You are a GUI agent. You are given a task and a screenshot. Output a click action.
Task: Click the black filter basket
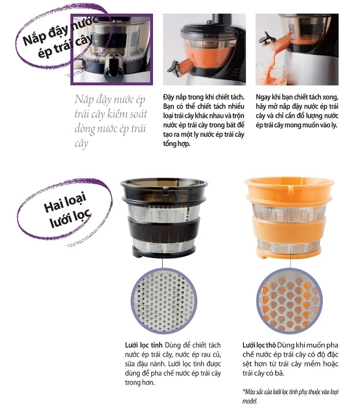pos(164,217)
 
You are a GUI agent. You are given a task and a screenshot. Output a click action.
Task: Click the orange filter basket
pos(289,218)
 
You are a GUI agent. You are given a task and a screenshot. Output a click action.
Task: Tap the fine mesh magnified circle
pos(164,301)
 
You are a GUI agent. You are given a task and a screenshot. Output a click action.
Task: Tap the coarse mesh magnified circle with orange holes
pos(289,301)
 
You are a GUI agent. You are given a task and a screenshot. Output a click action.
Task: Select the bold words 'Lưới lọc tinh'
pos(143,345)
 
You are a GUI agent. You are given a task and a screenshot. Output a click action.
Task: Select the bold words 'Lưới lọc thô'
pos(259,345)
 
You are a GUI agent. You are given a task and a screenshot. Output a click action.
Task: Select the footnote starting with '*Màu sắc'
pos(290,396)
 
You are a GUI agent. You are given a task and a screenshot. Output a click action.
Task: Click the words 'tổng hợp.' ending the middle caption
pos(177,143)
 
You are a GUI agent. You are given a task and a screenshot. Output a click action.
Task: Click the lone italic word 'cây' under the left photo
pos(82,143)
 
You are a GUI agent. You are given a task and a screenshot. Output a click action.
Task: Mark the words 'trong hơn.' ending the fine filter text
pos(140,383)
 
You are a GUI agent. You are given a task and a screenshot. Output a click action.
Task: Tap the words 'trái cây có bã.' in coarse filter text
pos(263,373)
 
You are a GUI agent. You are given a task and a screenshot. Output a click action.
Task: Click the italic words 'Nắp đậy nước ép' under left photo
pos(110,100)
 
